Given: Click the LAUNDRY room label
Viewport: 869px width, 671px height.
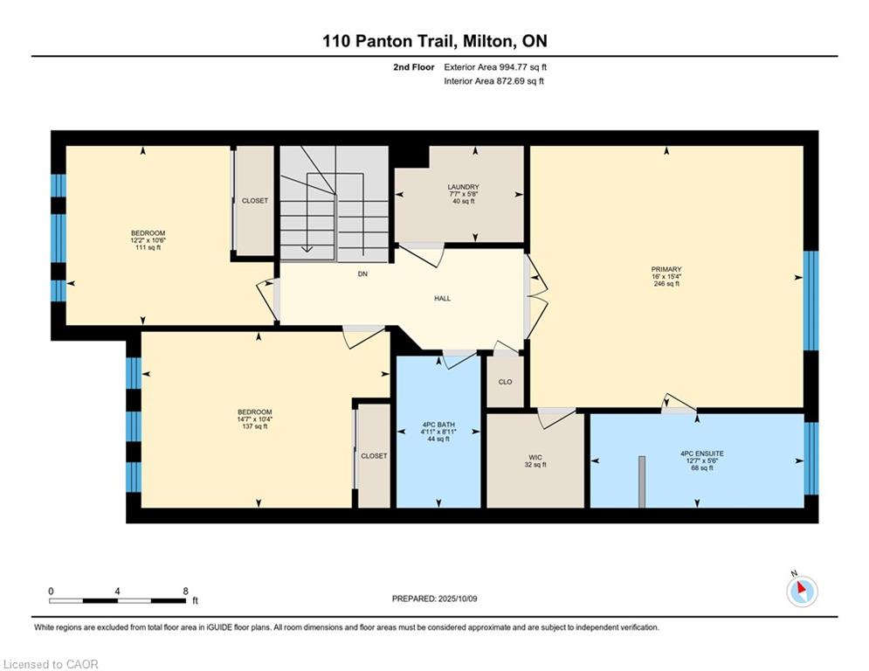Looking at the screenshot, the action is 463,188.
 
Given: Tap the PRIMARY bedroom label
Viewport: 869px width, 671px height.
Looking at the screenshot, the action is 666,269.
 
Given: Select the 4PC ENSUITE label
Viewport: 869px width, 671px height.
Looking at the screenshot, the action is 702,453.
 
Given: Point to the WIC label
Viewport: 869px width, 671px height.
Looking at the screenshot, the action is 535,458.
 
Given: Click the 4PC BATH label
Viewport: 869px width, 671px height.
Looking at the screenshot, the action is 438,425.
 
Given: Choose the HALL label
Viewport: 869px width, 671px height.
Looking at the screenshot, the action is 442,298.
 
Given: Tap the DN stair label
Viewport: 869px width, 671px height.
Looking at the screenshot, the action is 362,274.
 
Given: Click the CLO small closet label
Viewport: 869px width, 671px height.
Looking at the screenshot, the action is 506,382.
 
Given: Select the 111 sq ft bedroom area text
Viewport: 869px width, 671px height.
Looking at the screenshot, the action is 148,248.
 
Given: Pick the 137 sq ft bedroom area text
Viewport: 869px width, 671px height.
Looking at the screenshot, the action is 255,426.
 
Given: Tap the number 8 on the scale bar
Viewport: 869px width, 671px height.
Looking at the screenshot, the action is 186,591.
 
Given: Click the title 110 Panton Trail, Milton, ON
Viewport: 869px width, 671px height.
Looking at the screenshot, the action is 435,41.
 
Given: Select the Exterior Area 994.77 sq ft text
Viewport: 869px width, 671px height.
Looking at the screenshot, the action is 495,67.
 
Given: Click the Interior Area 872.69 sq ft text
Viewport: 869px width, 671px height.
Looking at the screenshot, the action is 493,81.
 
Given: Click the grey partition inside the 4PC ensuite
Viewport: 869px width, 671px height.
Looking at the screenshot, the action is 642,482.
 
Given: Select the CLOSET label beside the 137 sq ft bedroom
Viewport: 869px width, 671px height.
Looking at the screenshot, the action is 374,456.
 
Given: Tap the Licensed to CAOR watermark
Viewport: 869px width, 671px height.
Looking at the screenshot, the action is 51,664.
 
